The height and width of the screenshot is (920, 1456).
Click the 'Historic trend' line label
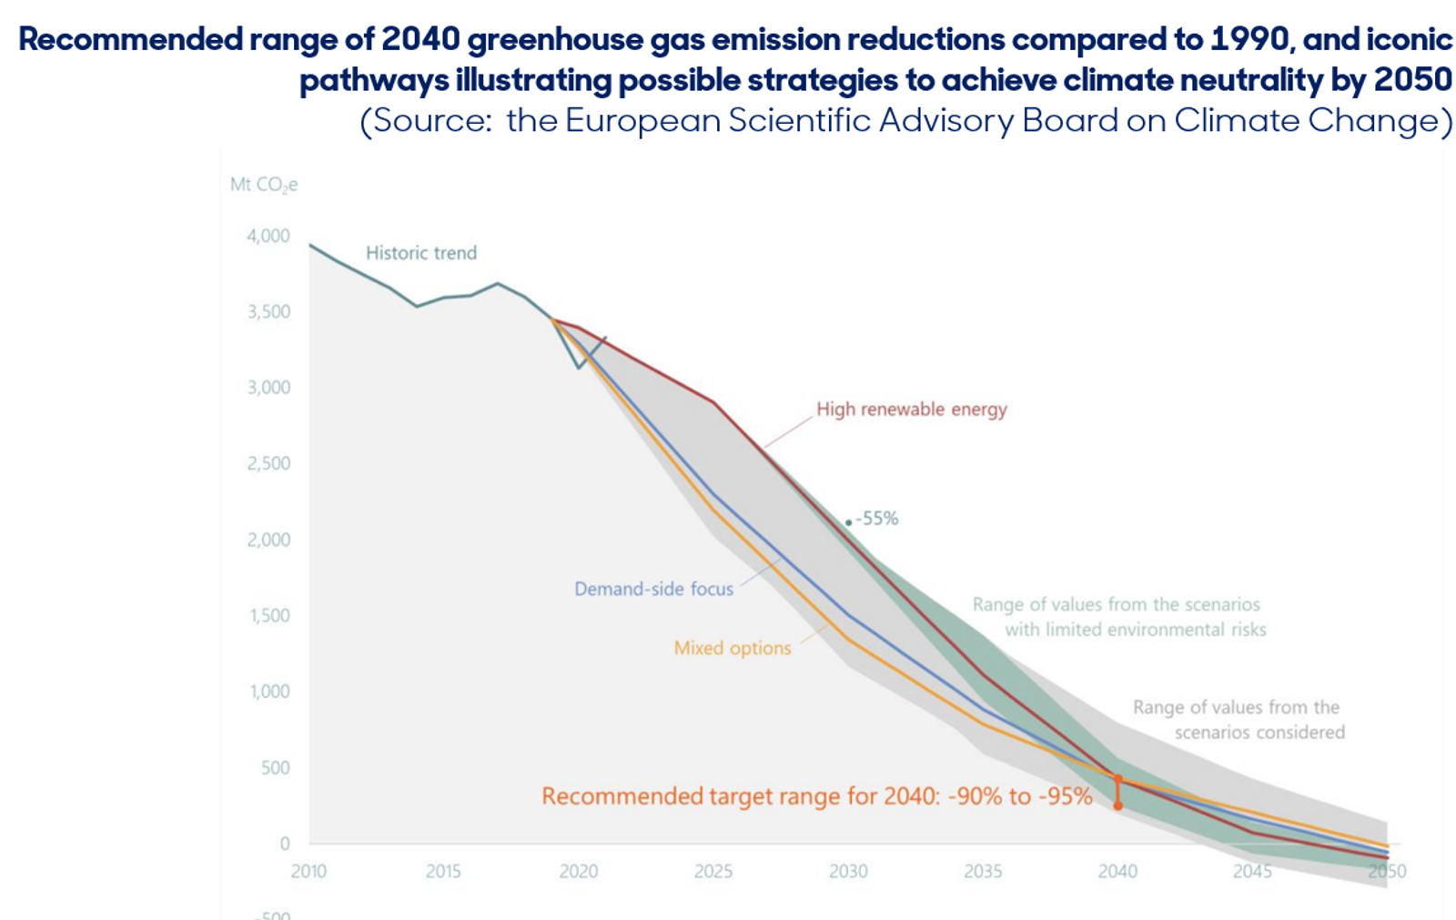[x=421, y=252]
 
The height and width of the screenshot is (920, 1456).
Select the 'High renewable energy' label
[x=911, y=409]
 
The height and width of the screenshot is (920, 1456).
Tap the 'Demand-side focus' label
[x=653, y=589]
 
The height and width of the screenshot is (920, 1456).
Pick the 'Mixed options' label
[x=733, y=648]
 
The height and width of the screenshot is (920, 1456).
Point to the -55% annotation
[x=877, y=518]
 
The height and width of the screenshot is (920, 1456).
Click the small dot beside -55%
[x=848, y=522]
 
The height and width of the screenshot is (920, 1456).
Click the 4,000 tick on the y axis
[x=268, y=236]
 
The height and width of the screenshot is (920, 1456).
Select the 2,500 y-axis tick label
[x=268, y=463]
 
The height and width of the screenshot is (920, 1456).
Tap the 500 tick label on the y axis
[x=276, y=768]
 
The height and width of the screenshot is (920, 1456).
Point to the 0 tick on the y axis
[x=285, y=844]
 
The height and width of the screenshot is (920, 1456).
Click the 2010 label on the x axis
[x=308, y=871]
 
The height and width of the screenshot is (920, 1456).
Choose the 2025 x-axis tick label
[x=713, y=871]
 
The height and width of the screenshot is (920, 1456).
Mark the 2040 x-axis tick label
[x=1118, y=871]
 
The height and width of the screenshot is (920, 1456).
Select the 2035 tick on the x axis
[x=983, y=871]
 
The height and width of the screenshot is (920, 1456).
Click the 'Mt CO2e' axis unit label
[x=264, y=186]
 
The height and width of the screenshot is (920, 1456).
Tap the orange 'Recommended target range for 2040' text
[x=817, y=796]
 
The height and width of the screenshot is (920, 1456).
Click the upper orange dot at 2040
[x=1118, y=779]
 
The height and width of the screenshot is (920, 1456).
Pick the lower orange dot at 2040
[x=1118, y=806]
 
